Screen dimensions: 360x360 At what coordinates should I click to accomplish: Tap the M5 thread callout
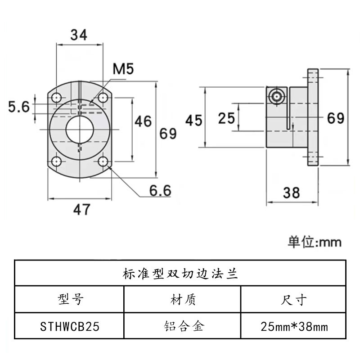[124, 70]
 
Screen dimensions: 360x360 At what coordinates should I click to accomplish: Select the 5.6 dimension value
[19, 107]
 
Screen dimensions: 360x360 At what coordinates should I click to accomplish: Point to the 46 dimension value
[143, 121]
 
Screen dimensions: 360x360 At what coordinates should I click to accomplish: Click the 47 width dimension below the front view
[81, 209]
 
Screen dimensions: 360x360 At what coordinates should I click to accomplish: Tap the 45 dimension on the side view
[194, 119]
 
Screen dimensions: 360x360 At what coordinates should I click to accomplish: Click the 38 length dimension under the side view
[292, 193]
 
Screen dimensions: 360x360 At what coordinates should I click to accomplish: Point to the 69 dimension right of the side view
[335, 118]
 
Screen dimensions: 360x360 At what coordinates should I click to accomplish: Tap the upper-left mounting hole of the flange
[57, 97]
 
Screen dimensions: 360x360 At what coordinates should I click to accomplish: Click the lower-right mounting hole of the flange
[103, 162]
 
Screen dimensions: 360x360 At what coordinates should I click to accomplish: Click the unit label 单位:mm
[315, 242]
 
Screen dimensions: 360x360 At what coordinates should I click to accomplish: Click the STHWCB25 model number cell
[70, 326]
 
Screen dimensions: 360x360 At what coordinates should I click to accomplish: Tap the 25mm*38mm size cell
[294, 326]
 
